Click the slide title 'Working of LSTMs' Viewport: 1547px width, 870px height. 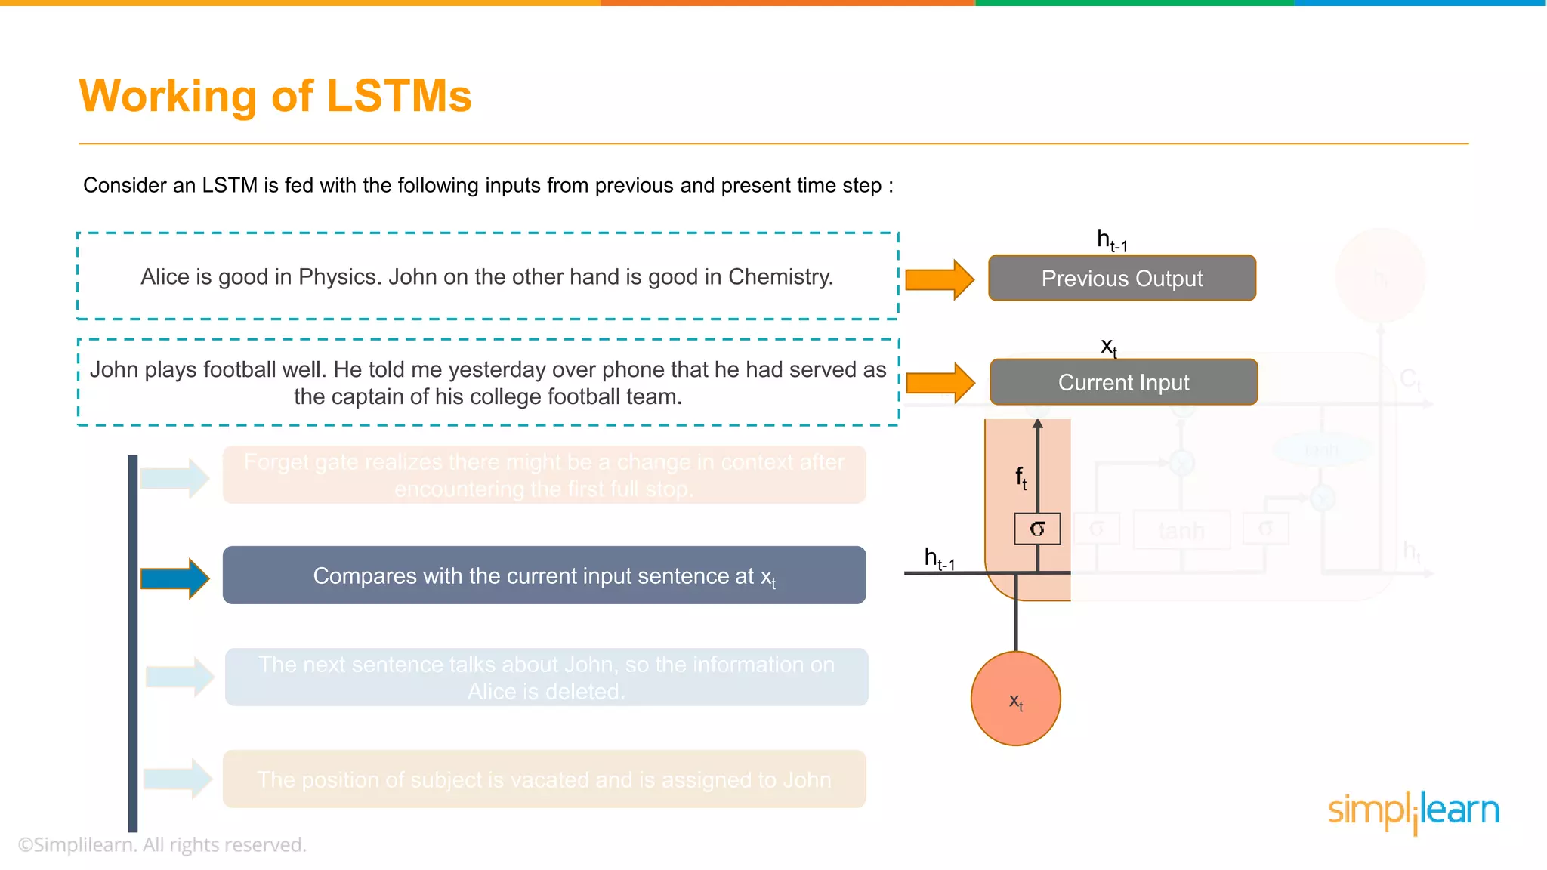click(x=275, y=96)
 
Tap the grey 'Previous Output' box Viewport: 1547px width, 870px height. click(x=1122, y=279)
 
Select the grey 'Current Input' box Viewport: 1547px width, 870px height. click(x=1123, y=382)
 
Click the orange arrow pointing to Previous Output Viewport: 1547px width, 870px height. click(x=939, y=279)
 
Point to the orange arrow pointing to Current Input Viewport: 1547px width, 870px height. click(x=940, y=383)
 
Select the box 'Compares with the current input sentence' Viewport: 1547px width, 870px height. click(x=544, y=575)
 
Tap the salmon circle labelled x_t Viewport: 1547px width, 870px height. click(x=1015, y=699)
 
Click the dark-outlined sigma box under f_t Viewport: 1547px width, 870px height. click(x=1037, y=529)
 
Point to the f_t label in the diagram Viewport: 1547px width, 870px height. click(x=1021, y=477)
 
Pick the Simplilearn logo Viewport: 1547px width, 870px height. click(x=1413, y=811)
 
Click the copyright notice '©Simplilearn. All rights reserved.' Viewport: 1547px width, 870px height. click(x=162, y=844)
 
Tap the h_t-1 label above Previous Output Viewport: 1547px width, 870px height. click(x=1111, y=240)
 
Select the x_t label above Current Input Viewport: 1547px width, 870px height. click(x=1108, y=347)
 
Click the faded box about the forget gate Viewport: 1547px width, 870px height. click(x=544, y=475)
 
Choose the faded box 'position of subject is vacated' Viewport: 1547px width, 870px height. click(x=544, y=779)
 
